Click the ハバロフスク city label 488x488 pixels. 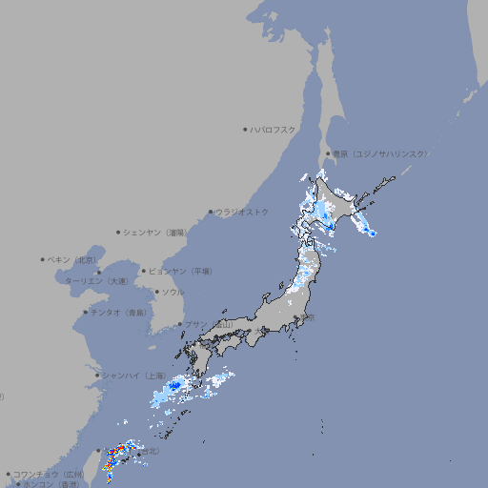tap(274, 130)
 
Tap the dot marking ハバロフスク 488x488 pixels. tap(245, 130)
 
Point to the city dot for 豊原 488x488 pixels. tap(327, 153)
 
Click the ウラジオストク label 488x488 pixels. tap(243, 212)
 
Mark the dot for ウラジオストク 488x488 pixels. tap(212, 213)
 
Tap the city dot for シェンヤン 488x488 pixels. tap(119, 232)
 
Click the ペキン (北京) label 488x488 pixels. tap(73, 259)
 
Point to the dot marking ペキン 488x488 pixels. tap(43, 259)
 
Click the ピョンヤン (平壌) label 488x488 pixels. tap(180, 271)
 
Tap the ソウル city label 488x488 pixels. tap(172, 292)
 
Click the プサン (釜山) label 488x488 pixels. tap(208, 325)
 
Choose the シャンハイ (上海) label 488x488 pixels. tap(132, 376)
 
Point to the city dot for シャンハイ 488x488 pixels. tap(97, 376)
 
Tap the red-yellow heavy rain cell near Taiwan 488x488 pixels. tap(112, 459)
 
